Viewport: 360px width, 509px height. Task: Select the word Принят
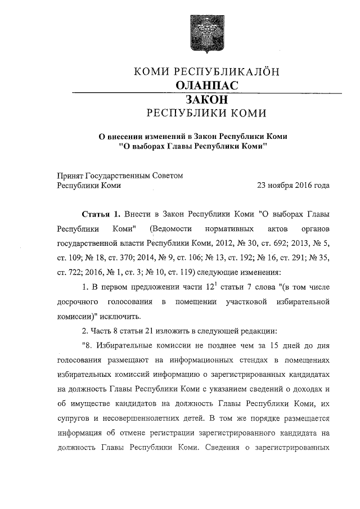[71, 175]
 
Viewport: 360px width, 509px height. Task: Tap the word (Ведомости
[170, 229]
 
